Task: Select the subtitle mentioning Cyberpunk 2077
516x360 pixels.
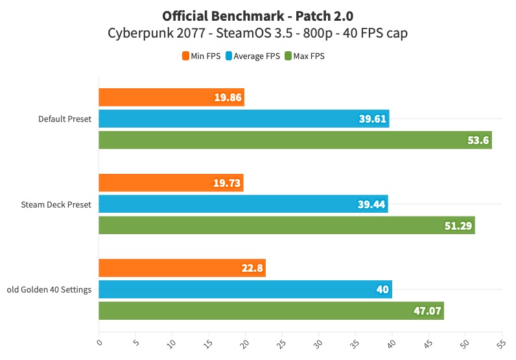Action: click(x=257, y=33)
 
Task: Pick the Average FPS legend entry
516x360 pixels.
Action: click(x=253, y=56)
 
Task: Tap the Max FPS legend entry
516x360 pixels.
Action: click(x=304, y=56)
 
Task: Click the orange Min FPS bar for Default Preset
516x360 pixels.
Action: click(x=171, y=97)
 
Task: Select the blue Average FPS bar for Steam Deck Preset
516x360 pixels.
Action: click(x=243, y=204)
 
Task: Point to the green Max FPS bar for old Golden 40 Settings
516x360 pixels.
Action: click(x=271, y=311)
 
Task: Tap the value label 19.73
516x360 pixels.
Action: click(x=227, y=183)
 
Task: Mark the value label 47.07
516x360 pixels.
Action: click(x=428, y=311)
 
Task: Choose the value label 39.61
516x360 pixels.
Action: click(x=373, y=119)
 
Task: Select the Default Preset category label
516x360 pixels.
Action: click(x=64, y=119)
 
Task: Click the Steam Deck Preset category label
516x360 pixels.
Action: click(x=56, y=204)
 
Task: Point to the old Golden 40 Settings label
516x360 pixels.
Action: click(x=49, y=289)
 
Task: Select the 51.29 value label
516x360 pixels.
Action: click(x=460, y=226)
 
